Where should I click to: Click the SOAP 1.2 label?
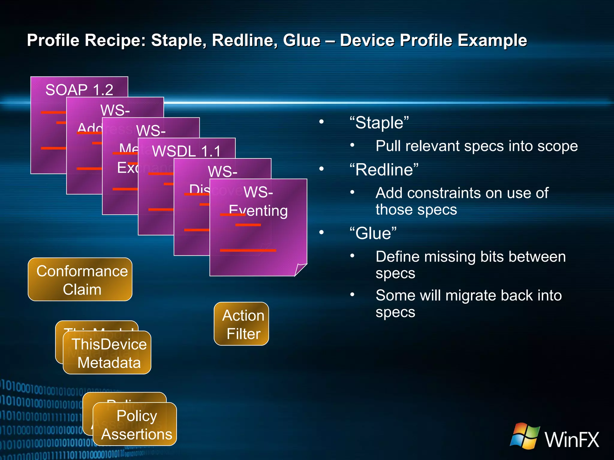pos(79,90)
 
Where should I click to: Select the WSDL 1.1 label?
pos(186,151)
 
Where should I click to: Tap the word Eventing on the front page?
pos(258,211)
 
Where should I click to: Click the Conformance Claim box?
pos(80,279)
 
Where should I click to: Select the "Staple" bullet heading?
pos(379,123)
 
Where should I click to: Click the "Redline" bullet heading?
pos(384,170)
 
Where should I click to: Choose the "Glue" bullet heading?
pos(373,233)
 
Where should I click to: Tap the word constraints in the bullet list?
pos(444,193)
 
